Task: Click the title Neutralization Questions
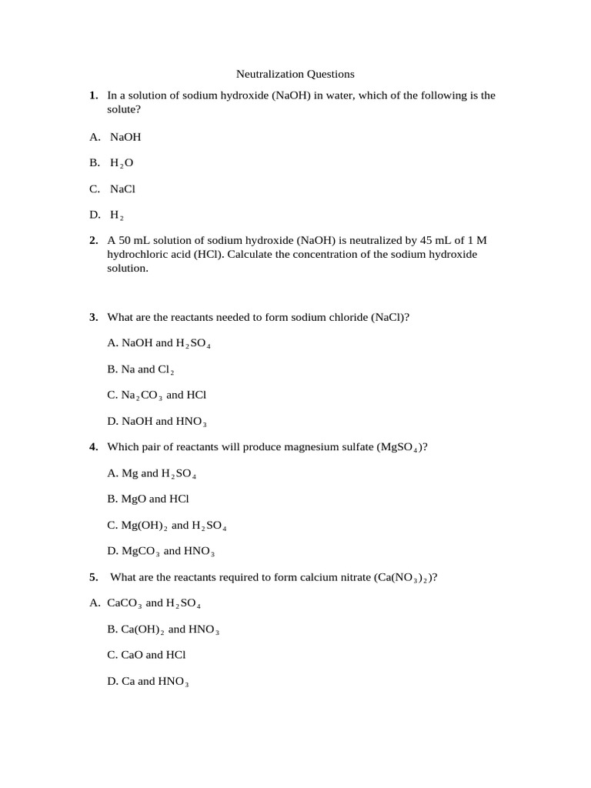point(295,74)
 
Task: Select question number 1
point(93,95)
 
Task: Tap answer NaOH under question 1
point(125,137)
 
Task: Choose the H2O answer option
point(122,163)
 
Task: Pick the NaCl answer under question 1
point(122,189)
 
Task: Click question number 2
point(93,240)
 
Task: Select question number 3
point(93,317)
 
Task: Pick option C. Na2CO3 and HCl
point(157,395)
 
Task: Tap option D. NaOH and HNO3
point(157,422)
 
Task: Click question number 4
point(93,446)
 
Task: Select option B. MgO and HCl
point(149,499)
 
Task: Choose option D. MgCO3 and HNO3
point(161,551)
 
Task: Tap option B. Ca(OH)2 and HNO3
point(163,629)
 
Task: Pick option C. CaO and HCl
point(147,655)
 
